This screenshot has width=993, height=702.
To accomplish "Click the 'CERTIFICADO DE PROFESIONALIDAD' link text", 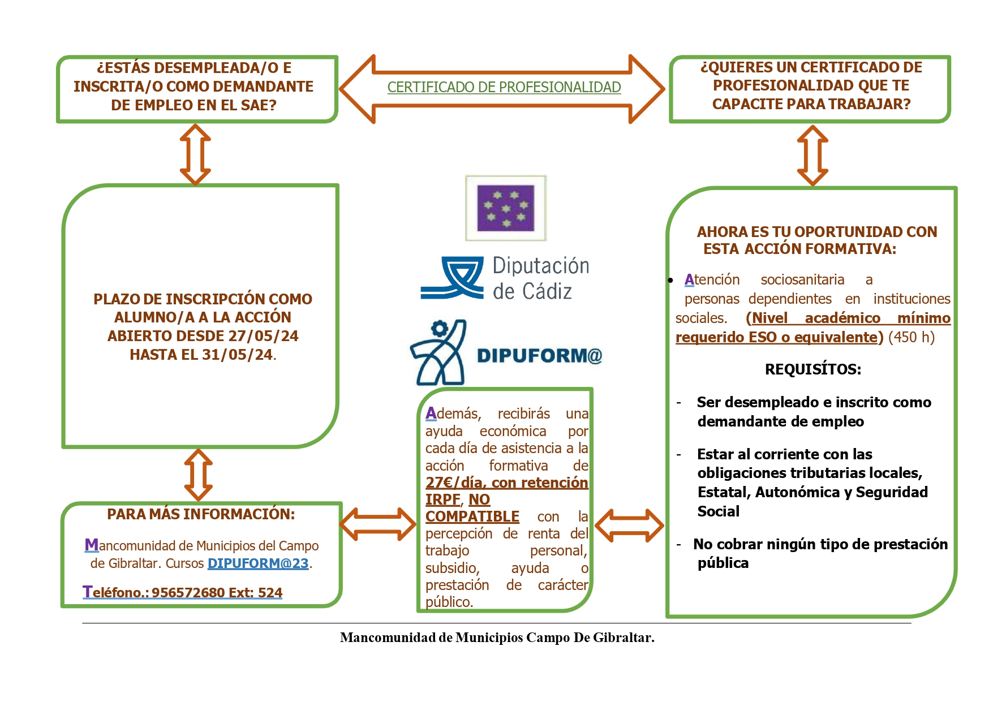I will point(504,87).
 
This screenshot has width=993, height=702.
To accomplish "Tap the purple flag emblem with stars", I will point(506,208).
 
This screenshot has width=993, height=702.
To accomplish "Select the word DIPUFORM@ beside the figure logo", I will point(539,355).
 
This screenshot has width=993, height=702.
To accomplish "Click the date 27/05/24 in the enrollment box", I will point(263,336).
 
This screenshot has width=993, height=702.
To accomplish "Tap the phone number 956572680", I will point(188,593).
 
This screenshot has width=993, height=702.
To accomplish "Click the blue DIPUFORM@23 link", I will point(258,563).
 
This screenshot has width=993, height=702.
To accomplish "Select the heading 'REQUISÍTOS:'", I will point(813,369).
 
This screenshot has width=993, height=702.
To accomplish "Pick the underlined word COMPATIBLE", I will point(472,516).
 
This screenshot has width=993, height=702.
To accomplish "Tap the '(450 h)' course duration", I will point(911,337).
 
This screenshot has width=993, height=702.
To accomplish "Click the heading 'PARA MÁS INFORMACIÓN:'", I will point(201,514).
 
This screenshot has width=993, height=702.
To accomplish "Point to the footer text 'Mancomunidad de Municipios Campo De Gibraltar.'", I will point(497,638).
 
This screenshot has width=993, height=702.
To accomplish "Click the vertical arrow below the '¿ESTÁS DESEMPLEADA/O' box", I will point(195,154).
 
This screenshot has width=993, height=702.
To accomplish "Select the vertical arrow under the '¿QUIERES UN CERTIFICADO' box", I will point(812,155).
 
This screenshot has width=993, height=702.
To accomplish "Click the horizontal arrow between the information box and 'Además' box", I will point(378,524).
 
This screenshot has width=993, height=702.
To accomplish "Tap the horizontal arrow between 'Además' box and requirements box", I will point(629,525).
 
